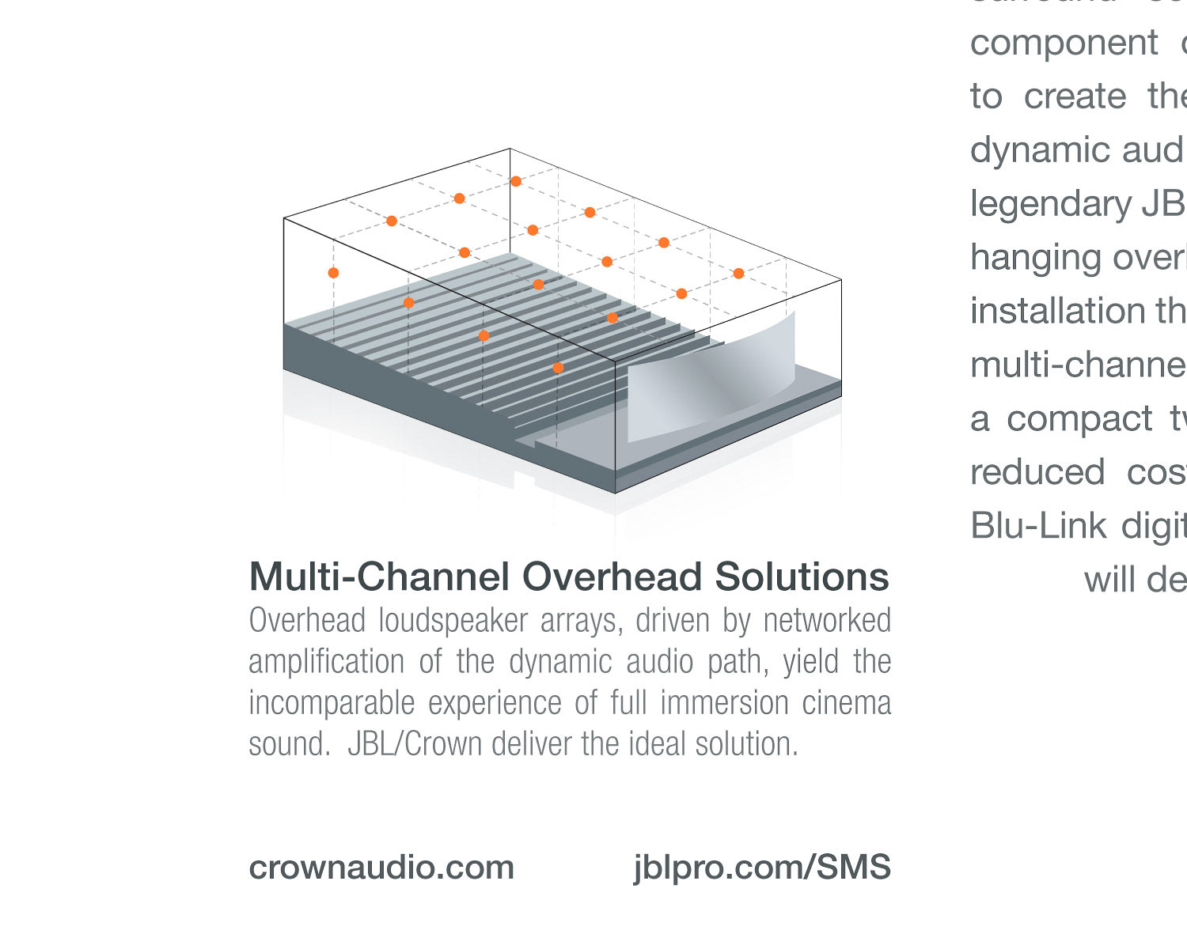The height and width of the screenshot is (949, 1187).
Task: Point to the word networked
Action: [827, 621]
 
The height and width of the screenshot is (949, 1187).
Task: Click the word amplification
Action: [326, 662]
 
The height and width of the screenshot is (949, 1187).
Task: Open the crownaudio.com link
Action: [381, 868]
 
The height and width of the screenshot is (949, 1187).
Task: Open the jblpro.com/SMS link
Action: [762, 868]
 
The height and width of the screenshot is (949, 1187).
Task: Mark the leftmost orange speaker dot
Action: [333, 273]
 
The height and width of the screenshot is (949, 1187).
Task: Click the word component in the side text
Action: [1064, 43]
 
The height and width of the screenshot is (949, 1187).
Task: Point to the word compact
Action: [1079, 418]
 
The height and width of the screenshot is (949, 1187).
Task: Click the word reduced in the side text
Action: [1037, 472]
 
